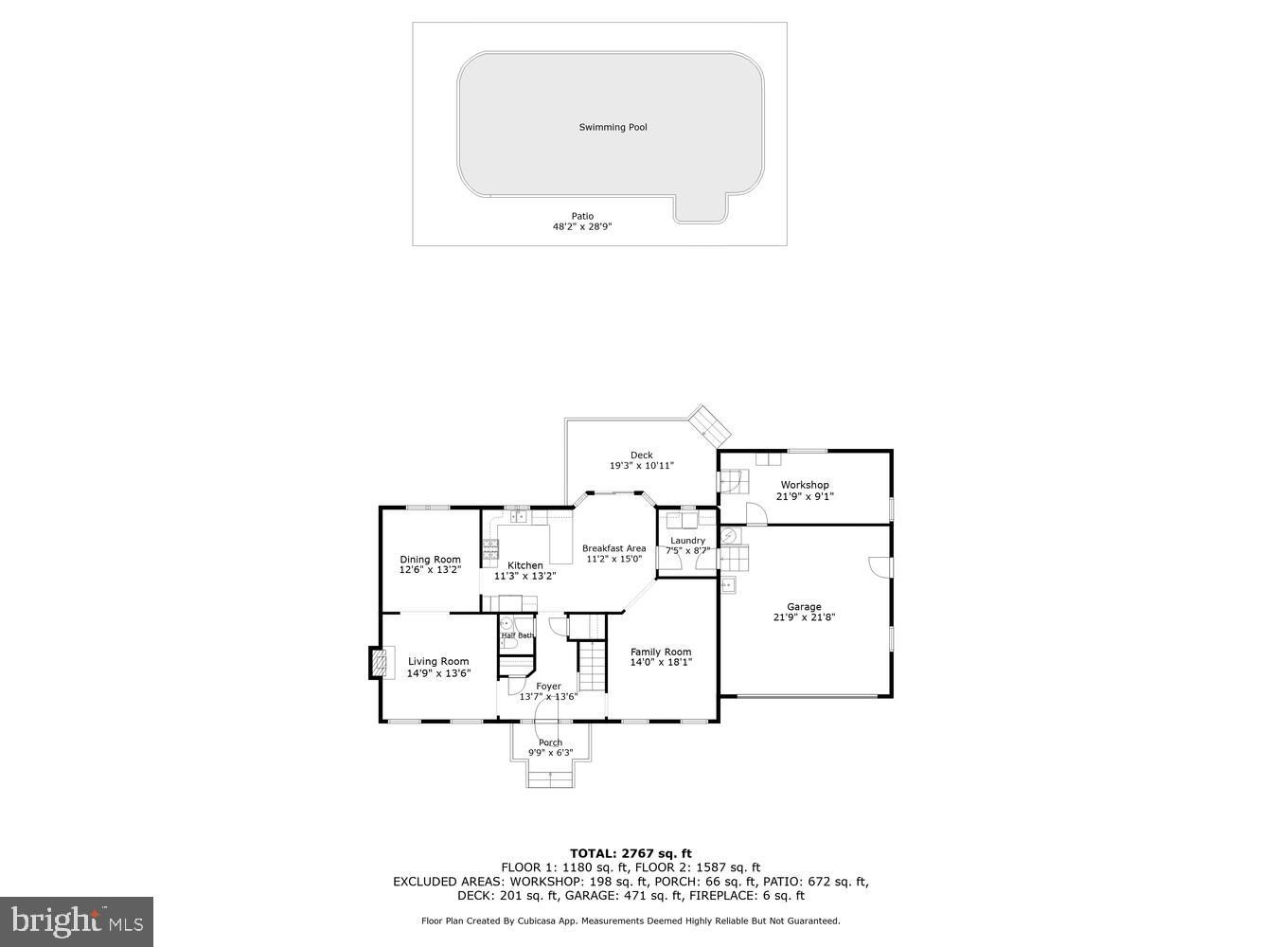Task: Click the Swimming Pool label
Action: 613,127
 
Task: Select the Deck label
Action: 641,456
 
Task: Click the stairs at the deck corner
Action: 709,426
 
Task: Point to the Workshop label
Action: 805,485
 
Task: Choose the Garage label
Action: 804,607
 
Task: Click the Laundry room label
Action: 687,541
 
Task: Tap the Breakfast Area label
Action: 613,548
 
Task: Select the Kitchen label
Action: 525,565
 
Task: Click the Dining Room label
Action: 430,560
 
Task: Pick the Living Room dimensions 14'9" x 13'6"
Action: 438,673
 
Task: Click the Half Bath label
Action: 517,635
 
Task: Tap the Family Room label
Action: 661,652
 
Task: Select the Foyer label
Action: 548,687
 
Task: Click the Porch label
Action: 550,742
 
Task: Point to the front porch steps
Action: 550,778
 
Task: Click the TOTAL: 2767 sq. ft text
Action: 631,853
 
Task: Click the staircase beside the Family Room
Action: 592,665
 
